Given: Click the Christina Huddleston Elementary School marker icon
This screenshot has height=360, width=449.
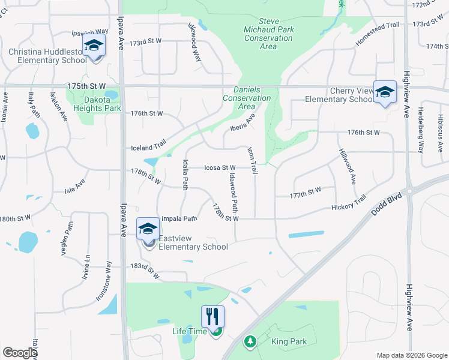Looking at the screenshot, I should click(x=94, y=46).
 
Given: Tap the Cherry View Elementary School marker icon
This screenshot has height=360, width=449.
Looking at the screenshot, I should click(x=385, y=92).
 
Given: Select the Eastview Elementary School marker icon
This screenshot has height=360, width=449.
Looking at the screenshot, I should click(x=148, y=229).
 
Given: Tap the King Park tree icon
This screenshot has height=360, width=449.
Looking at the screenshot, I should click(x=250, y=341).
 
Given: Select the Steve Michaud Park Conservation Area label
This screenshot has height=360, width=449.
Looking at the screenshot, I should click(x=268, y=33).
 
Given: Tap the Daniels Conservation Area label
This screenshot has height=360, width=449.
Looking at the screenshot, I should click(x=247, y=98).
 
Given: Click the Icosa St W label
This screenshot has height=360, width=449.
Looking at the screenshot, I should click(x=219, y=167).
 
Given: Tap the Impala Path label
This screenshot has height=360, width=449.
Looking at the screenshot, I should click(x=179, y=218).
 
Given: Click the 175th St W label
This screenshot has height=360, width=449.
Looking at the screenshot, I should click(x=87, y=86).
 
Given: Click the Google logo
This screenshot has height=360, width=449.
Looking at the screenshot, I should click(x=20, y=353).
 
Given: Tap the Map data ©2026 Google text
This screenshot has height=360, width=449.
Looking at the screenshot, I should click(x=411, y=355).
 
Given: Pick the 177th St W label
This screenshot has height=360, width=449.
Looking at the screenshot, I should click(x=305, y=191).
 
